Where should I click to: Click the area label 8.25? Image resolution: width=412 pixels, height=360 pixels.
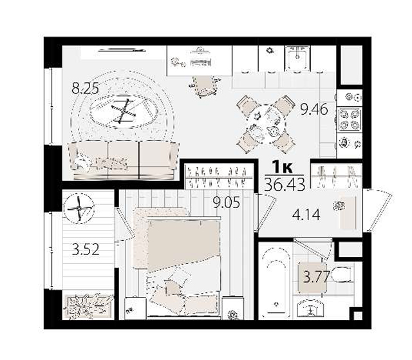click(x=86, y=89)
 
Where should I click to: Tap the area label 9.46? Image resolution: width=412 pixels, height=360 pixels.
click(x=314, y=109)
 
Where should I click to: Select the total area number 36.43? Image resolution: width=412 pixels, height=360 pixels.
click(x=285, y=184)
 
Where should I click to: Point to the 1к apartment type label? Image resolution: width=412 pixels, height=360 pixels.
click(x=282, y=167)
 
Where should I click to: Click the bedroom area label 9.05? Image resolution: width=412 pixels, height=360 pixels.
click(x=227, y=202)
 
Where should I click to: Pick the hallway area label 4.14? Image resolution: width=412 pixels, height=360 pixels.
click(x=306, y=214)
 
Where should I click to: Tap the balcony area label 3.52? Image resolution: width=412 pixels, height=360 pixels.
click(x=86, y=249)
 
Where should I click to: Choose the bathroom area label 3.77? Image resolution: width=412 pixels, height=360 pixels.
click(x=316, y=277)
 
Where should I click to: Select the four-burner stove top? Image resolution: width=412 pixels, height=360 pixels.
click(x=349, y=119)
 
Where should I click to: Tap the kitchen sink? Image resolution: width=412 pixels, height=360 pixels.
click(x=297, y=58)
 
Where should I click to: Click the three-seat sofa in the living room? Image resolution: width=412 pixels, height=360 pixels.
click(x=124, y=160)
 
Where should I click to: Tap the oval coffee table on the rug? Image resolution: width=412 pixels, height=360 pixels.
click(x=124, y=111)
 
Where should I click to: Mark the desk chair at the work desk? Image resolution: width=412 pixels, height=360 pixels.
click(x=205, y=86)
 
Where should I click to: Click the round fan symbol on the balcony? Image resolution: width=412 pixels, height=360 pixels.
click(x=79, y=209)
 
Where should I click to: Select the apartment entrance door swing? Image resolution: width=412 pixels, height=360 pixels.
click(x=378, y=210)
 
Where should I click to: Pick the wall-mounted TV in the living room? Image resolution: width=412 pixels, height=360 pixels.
click(x=122, y=50)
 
